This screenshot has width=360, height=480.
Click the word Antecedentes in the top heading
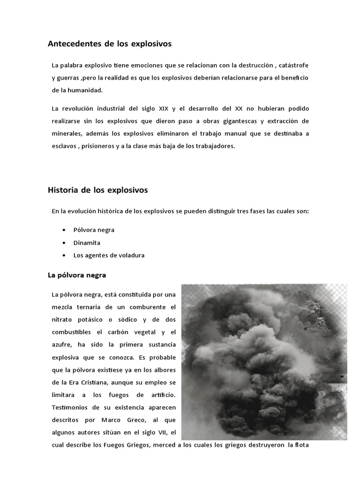coord(71,44)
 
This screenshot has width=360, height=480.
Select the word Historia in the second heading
coord(63,190)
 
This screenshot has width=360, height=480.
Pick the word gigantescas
coord(246,121)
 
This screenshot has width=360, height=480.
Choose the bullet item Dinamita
coord(87,243)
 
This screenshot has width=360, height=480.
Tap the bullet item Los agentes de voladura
coord(109,255)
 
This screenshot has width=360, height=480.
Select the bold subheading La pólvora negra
coord(77,275)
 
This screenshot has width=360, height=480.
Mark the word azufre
coord(62,345)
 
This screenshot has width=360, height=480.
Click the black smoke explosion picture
coord(264,361)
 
